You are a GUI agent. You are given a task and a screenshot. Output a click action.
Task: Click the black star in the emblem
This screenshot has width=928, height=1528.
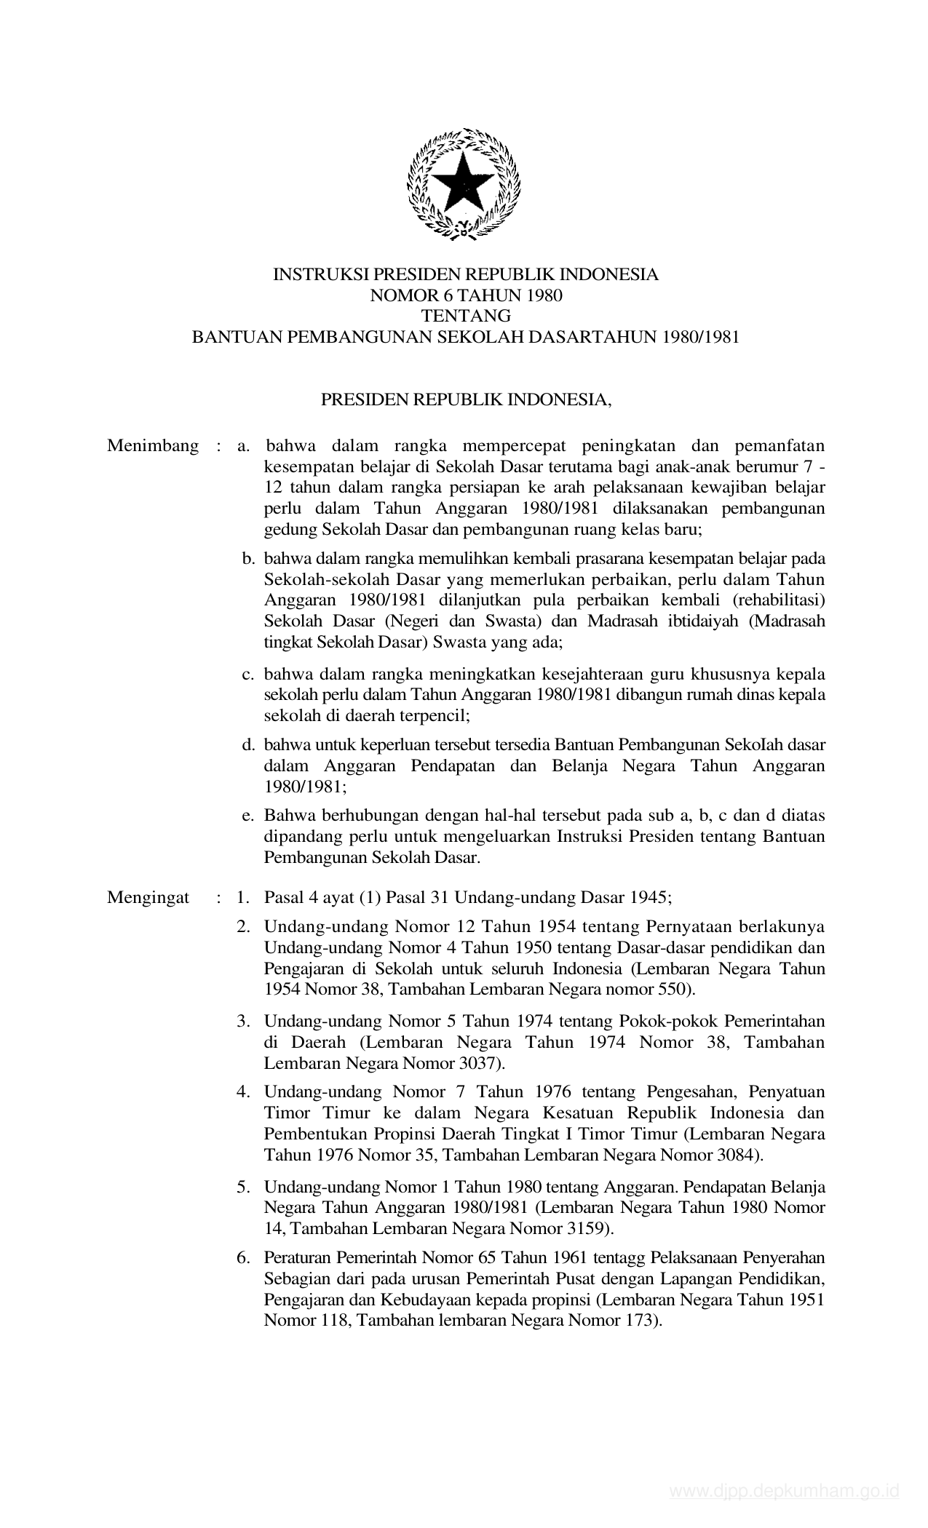464,185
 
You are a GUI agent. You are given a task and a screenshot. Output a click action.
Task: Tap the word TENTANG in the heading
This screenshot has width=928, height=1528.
465,316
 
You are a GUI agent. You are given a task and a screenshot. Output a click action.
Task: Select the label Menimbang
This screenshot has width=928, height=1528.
153,446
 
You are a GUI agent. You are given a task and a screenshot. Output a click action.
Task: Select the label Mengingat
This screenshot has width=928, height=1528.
148,897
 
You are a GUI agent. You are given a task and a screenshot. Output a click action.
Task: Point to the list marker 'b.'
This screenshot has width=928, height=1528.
248,559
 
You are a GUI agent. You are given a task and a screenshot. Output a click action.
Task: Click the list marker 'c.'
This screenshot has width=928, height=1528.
248,674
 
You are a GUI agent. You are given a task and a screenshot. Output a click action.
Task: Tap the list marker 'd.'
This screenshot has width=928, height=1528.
248,745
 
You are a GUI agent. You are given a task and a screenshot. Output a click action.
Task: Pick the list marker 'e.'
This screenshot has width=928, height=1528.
248,816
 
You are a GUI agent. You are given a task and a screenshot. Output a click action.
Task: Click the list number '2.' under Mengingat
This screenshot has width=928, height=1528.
243,927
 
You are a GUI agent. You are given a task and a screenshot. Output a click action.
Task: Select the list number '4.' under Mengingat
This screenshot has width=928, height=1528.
243,1091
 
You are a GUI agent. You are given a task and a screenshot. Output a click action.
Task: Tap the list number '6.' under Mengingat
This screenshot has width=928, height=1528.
243,1257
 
